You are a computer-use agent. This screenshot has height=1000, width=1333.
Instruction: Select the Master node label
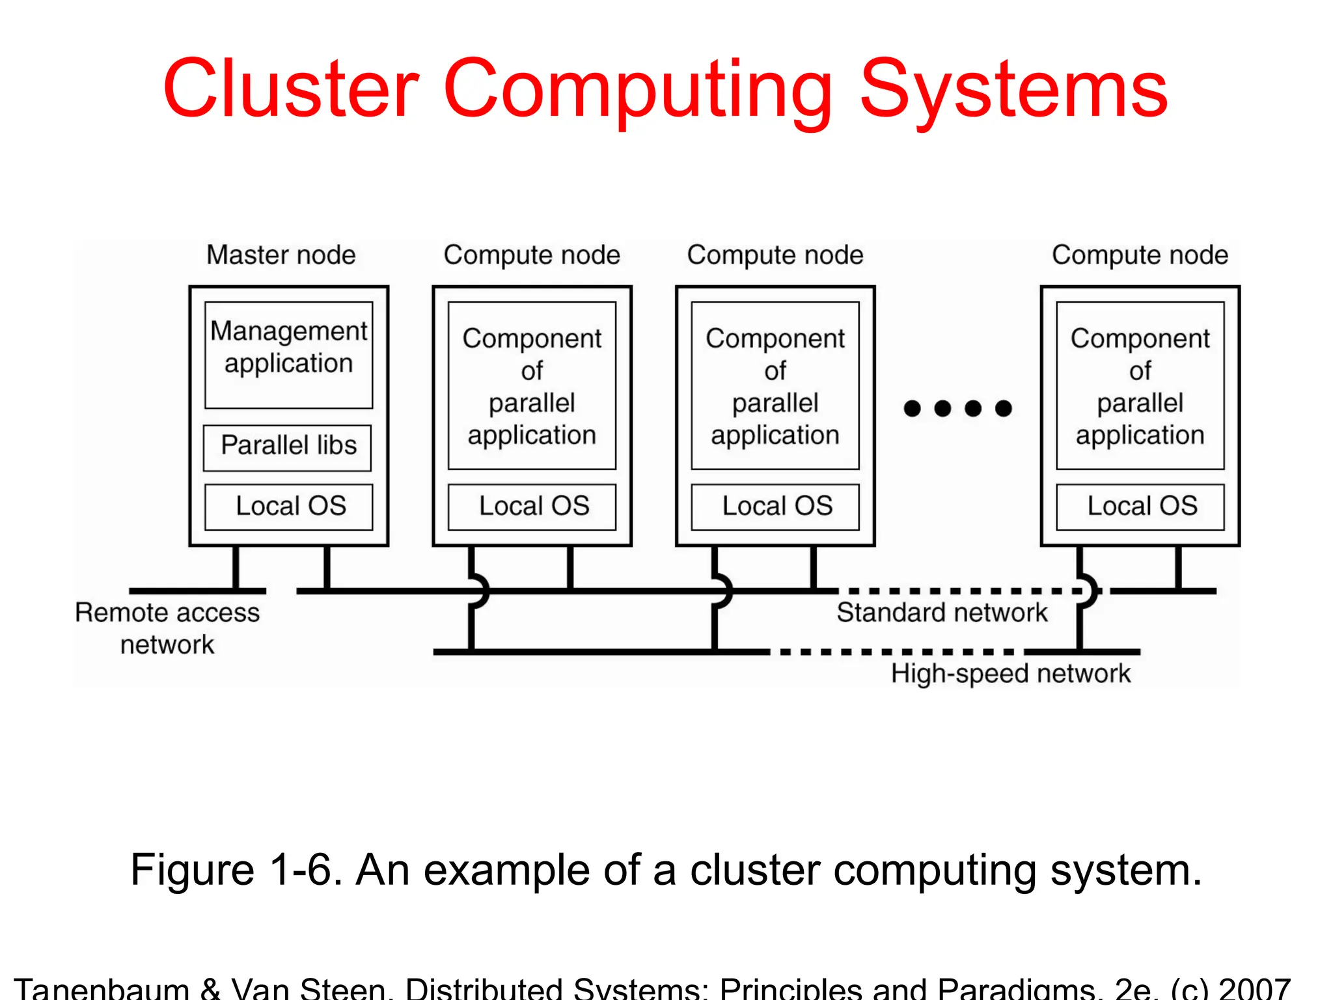(281, 255)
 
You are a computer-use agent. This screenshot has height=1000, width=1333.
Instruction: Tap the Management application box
(289, 355)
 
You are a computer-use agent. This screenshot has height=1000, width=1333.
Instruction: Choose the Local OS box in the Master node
(289, 507)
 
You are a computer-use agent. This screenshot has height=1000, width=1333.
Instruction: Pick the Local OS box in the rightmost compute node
(1140, 507)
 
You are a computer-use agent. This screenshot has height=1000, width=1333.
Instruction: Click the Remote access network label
(167, 628)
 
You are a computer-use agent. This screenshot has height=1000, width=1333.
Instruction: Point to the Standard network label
(942, 613)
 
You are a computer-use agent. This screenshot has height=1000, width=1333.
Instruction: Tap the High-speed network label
(1010, 673)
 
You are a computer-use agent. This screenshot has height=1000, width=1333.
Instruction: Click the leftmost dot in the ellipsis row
(913, 408)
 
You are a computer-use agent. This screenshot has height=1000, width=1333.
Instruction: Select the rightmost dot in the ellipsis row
(1004, 408)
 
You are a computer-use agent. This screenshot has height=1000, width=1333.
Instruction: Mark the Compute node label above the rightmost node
(1140, 255)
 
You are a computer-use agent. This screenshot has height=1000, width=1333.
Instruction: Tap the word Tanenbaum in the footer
(101, 989)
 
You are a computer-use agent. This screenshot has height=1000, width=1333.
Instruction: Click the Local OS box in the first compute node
(532, 507)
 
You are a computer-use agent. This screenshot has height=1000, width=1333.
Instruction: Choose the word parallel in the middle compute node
(775, 403)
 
